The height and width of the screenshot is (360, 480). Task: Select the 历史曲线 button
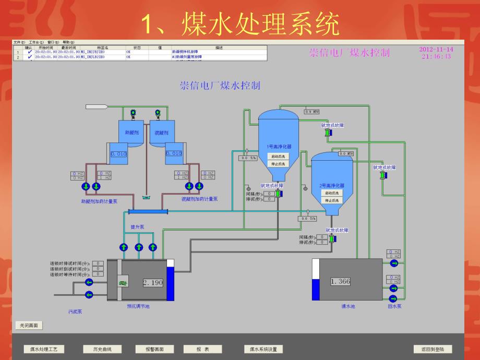[x=99, y=349]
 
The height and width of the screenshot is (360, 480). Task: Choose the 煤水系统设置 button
[x=263, y=349]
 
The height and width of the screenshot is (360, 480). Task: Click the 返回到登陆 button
[x=433, y=349]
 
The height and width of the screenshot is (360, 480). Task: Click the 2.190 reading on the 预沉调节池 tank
[x=153, y=282]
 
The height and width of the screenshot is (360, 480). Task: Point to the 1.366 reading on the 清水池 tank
[x=340, y=281]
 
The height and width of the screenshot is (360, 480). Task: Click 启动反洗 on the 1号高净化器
[x=278, y=157]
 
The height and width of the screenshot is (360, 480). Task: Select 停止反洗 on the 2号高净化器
[x=331, y=200]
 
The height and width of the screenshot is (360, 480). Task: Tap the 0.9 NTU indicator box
[x=313, y=112]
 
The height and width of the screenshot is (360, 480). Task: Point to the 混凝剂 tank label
[x=162, y=133]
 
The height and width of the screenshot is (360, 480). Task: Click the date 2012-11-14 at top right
[x=436, y=50]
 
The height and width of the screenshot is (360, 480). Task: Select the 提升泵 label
[x=137, y=227]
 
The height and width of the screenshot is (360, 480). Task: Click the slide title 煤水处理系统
[x=241, y=23]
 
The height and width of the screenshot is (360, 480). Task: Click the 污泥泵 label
[x=75, y=311]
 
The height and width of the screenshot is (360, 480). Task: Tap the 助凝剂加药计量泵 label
[x=99, y=199]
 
